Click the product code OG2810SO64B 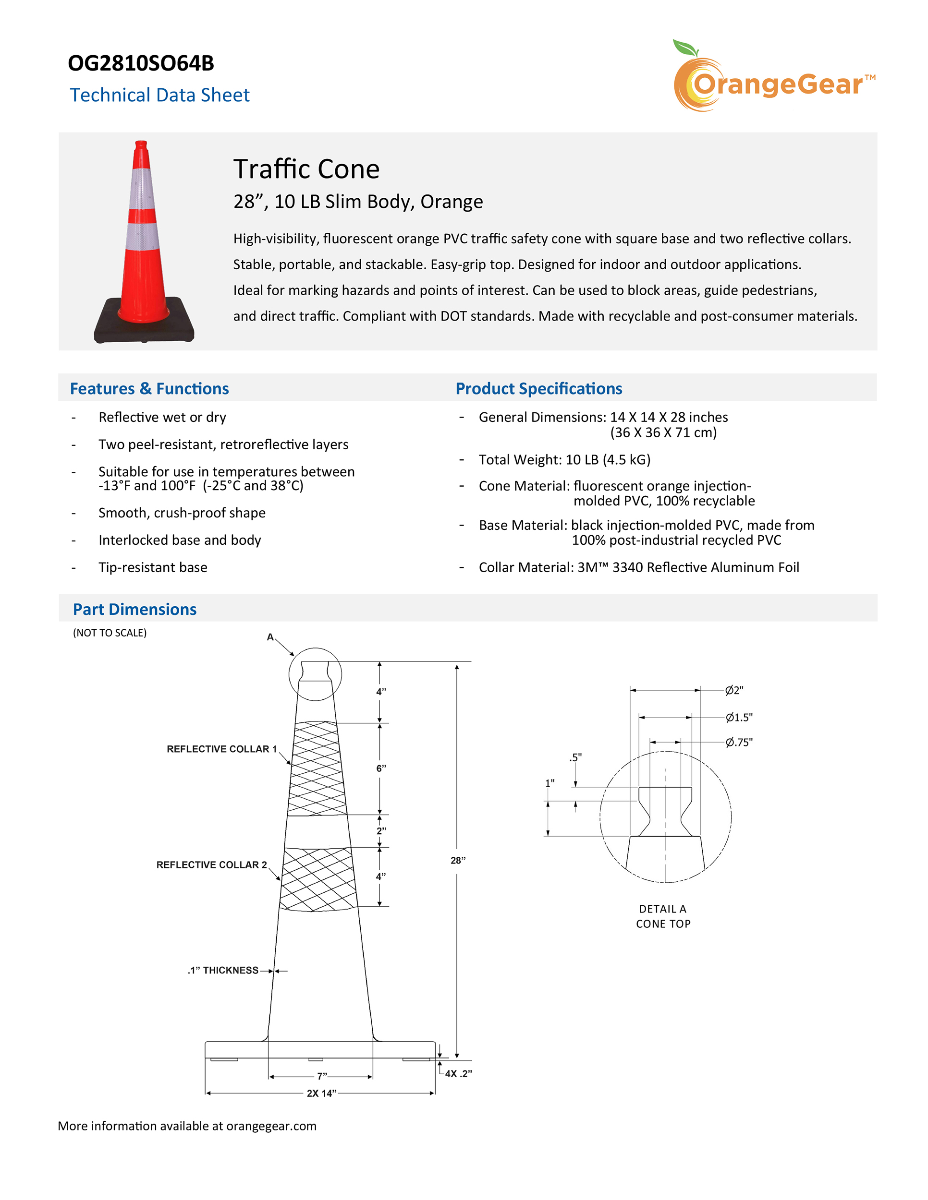click(141, 63)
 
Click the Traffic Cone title click(306, 168)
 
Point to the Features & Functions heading click(149, 388)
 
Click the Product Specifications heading click(538, 388)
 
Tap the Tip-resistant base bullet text click(153, 567)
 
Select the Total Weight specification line click(564, 459)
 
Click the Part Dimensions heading click(134, 609)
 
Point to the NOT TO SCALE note click(110, 633)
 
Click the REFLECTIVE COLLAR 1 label click(221, 749)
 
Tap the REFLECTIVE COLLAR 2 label click(212, 864)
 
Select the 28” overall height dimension click(458, 861)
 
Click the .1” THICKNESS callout click(223, 971)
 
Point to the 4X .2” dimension click(458, 1074)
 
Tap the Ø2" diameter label click(734, 691)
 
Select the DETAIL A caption click(662, 909)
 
